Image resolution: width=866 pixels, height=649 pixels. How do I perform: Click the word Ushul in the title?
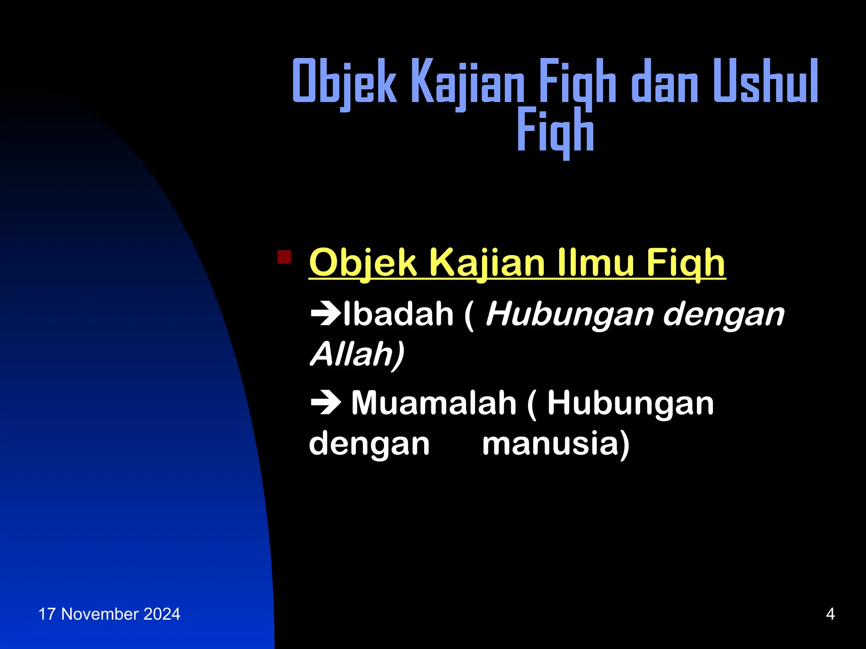(x=765, y=81)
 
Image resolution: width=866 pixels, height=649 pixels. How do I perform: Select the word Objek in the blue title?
(x=345, y=81)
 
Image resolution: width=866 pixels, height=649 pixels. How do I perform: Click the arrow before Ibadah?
(x=326, y=314)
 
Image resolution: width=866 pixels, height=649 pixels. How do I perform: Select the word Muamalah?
(x=434, y=403)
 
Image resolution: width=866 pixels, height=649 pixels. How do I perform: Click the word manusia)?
(x=556, y=443)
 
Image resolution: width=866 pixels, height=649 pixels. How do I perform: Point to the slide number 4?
(x=830, y=614)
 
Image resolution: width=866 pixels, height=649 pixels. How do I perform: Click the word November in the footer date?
(x=100, y=614)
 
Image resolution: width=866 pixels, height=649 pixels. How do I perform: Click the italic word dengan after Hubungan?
(x=724, y=314)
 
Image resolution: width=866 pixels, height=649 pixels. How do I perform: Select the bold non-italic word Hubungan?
(x=630, y=403)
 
